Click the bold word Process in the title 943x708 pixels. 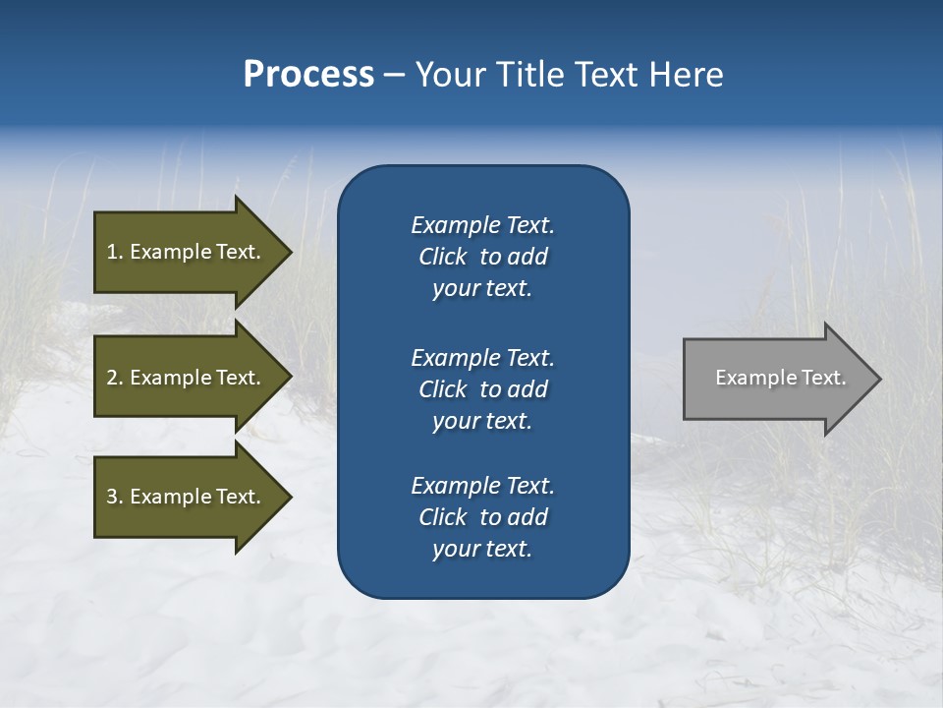308,75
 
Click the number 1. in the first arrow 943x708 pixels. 115,252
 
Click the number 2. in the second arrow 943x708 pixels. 115,378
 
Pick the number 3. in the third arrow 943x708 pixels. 115,497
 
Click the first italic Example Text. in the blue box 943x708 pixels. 482,225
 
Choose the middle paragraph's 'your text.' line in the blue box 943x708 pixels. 482,421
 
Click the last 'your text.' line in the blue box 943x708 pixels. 482,549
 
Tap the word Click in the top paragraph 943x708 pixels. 443,257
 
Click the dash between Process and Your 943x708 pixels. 395,75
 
